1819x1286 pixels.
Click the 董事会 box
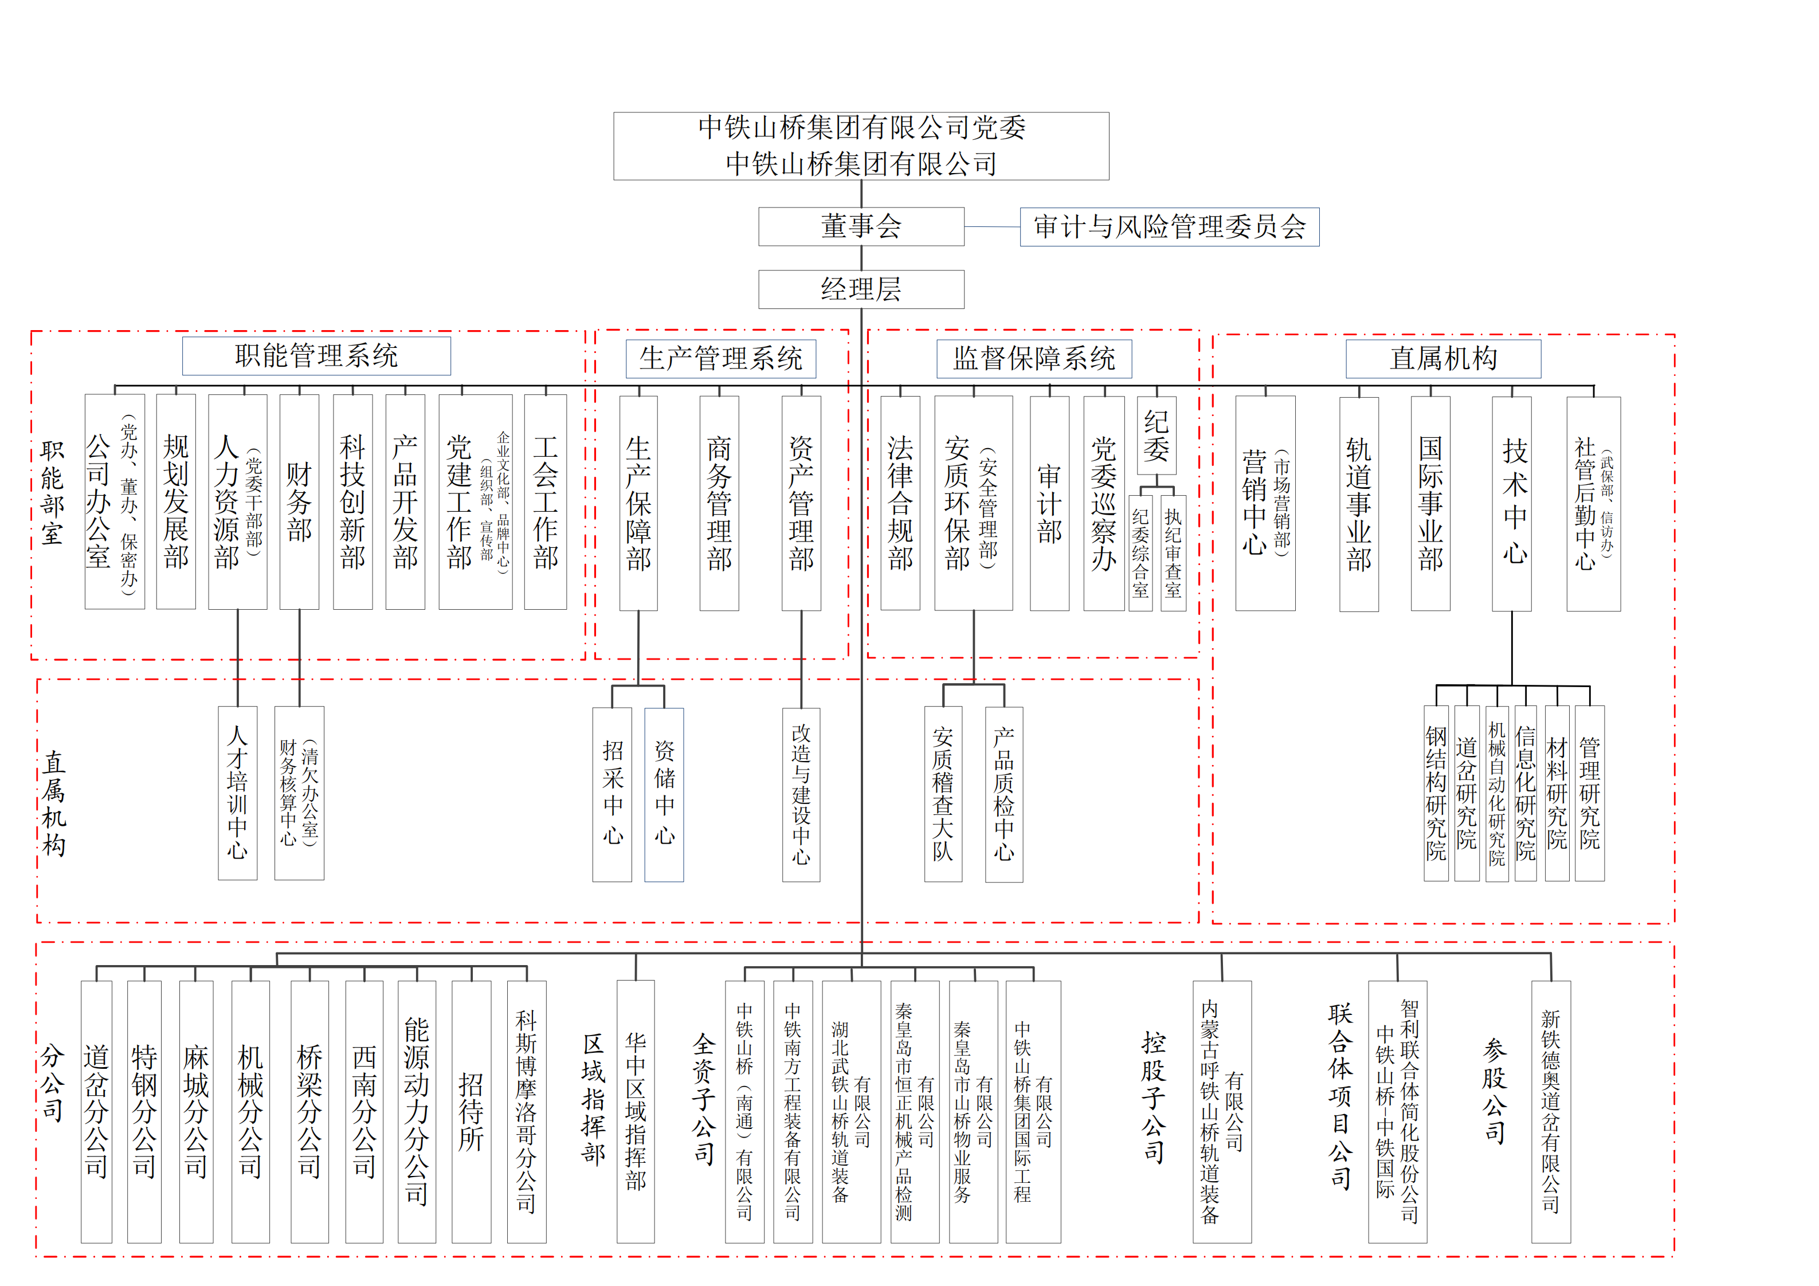(861, 226)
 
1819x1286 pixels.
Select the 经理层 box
(861, 289)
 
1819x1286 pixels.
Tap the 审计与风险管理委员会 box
(1169, 226)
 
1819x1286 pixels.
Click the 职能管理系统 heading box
(316, 356)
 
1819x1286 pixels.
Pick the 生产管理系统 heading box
(721, 359)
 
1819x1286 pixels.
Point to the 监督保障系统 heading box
(1034, 359)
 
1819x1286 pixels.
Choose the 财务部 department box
(300, 501)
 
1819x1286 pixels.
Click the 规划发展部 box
(176, 501)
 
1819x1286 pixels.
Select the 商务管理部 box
(719, 503)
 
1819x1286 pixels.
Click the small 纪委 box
(1156, 435)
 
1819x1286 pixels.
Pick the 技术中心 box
(1512, 504)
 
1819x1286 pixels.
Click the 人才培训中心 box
(238, 793)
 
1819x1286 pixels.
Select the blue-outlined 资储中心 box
(664, 795)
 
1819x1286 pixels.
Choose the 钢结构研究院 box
(1436, 793)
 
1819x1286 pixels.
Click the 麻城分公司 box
(197, 1112)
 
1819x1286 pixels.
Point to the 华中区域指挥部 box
(636, 1112)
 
